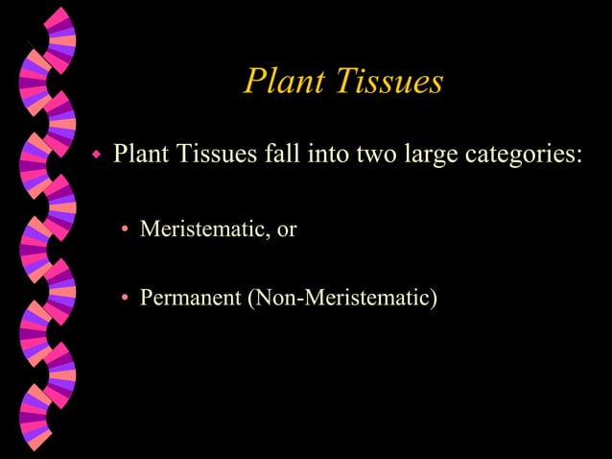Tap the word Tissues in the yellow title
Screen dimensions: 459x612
click(x=388, y=82)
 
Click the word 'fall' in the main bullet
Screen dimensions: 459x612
click(x=281, y=154)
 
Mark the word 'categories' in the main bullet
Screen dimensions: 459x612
click(x=518, y=156)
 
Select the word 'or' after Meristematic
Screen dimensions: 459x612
click(x=287, y=230)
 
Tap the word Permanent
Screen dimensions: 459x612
click(x=191, y=298)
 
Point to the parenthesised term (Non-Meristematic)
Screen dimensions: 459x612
click(x=342, y=299)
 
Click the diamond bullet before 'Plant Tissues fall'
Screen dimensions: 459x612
click(x=96, y=154)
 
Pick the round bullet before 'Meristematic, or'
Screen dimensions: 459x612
click(x=125, y=229)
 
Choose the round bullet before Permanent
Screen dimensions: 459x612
click(x=125, y=299)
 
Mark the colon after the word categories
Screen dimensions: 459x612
click(x=579, y=157)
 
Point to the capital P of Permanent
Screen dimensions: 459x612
click(x=147, y=298)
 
